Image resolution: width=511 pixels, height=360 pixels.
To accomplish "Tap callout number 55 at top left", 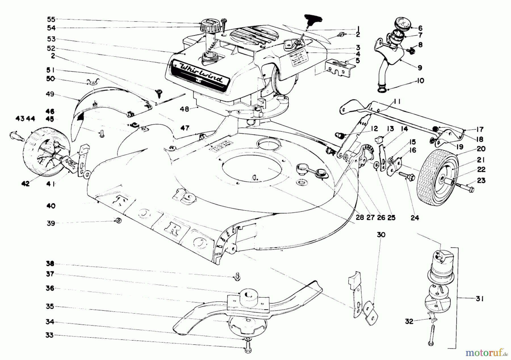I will coord(51,19).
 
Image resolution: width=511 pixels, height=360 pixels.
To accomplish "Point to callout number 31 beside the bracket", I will coord(479,299).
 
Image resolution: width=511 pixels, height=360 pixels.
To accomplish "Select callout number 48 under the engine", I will coord(185,109).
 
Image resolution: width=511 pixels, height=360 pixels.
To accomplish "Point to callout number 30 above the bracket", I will coord(381,235).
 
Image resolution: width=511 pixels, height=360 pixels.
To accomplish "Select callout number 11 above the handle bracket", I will coord(397,102).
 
